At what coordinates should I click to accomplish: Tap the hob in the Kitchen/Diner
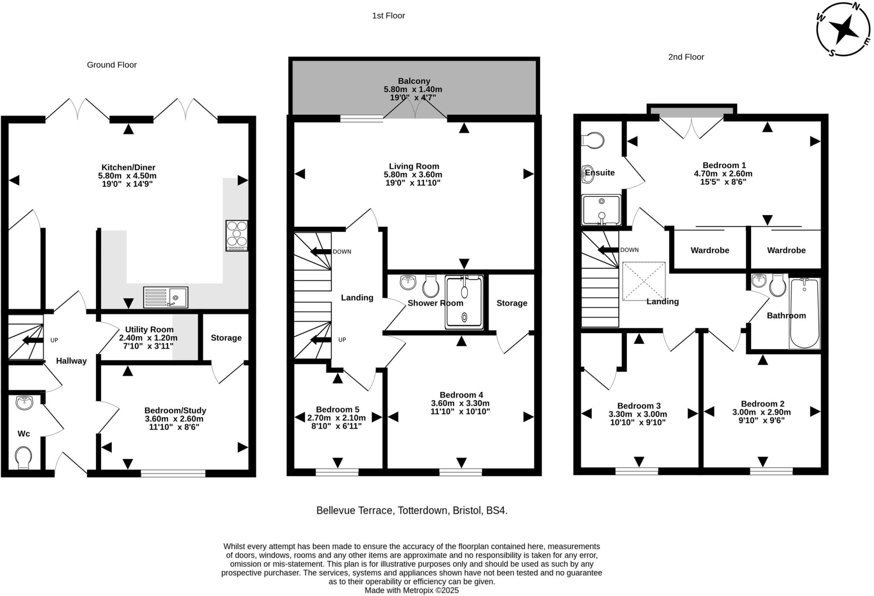point(237,235)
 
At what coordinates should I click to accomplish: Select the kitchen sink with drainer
point(166,297)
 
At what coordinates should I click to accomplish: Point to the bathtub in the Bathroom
point(804,313)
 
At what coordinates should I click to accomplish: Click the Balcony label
point(414,81)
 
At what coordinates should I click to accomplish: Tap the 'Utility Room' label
point(149,329)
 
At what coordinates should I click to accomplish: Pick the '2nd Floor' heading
point(686,57)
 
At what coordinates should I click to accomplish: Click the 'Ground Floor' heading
point(112,65)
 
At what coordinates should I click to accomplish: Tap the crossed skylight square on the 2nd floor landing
point(644,281)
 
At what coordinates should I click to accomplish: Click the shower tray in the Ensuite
point(601,210)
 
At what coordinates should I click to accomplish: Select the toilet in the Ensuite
point(593,140)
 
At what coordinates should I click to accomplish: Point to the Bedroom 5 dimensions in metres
point(337,418)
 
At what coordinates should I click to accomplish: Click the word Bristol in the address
point(467,510)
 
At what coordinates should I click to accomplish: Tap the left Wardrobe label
point(710,250)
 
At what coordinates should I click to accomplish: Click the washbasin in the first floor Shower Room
point(408,282)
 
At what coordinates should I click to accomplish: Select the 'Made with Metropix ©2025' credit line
point(412,590)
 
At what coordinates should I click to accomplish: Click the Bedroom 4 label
point(461,395)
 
